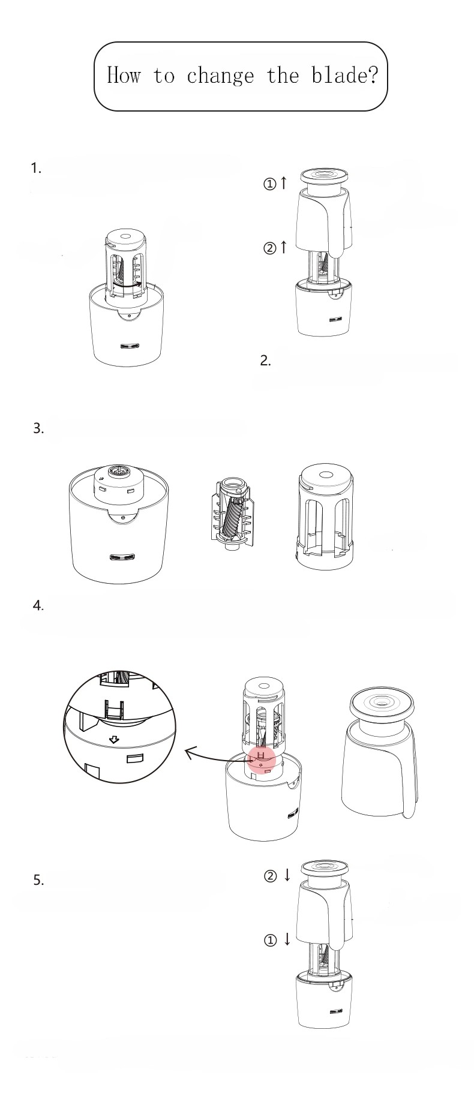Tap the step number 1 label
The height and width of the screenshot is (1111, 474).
point(36,168)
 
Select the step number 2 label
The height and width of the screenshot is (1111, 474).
point(266,361)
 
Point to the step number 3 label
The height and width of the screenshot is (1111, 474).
point(38,428)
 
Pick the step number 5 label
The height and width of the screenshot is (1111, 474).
point(38,880)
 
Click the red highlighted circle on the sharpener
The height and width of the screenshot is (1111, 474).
point(261,759)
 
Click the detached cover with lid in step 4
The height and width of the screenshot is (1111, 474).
point(379,752)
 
